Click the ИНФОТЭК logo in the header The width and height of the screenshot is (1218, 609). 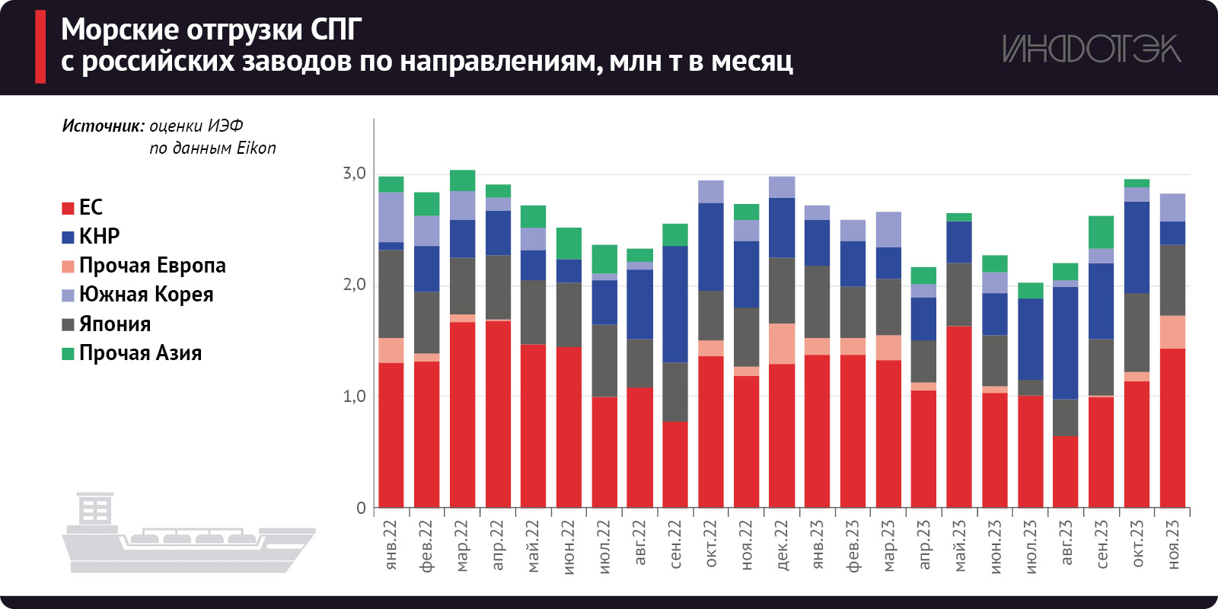pyautogui.click(x=1091, y=49)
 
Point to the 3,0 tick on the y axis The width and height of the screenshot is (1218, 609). pyautogui.click(x=354, y=174)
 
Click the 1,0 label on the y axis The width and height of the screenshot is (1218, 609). pyautogui.click(x=354, y=397)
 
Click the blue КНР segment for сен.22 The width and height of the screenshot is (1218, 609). pyautogui.click(x=675, y=304)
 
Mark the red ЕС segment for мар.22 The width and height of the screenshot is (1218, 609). pyautogui.click(x=463, y=414)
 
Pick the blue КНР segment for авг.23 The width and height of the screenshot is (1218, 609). pyautogui.click(x=1066, y=343)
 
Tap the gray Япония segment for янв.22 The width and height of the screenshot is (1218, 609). pyautogui.click(x=391, y=294)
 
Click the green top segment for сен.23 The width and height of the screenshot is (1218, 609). pyautogui.click(x=1101, y=232)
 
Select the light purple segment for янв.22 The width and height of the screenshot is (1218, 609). pyautogui.click(x=391, y=217)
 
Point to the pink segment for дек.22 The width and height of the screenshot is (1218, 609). pyautogui.click(x=782, y=343)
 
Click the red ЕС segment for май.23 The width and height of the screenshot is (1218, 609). pyautogui.click(x=959, y=416)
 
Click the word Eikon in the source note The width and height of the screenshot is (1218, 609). pyautogui.click(x=256, y=148)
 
